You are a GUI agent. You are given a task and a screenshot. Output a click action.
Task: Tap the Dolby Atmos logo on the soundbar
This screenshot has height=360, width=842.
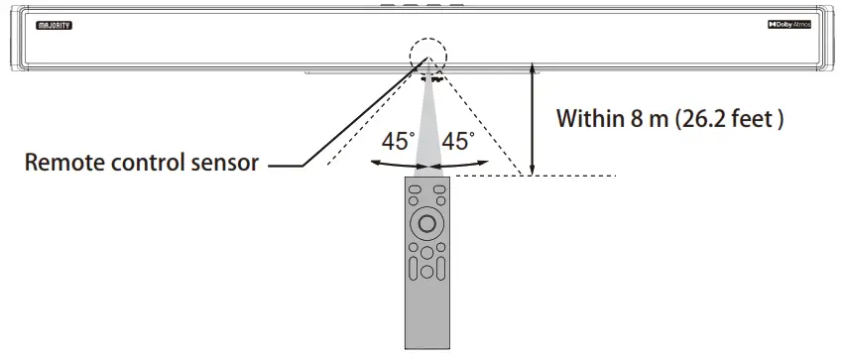790,23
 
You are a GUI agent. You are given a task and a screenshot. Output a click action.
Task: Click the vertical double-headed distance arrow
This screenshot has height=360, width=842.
533,119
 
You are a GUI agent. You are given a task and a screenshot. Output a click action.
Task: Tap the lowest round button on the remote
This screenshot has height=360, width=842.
426,271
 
